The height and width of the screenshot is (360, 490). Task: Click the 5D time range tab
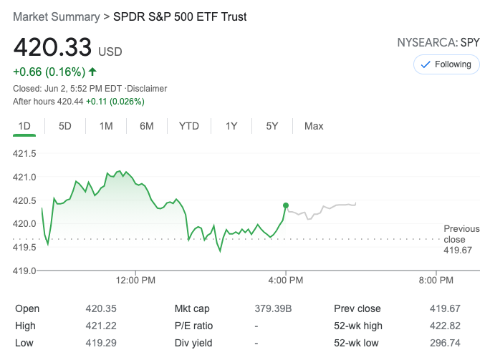[x=65, y=126]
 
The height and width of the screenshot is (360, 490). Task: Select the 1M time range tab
[x=106, y=126]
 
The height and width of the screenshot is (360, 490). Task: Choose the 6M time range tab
[x=147, y=126]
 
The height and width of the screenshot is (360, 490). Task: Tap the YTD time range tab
[x=189, y=126]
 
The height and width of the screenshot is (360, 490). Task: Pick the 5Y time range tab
[x=272, y=126]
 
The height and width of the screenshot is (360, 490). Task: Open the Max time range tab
[x=314, y=126]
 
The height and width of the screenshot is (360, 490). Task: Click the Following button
[x=446, y=64]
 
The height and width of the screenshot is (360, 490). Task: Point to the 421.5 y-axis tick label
[x=24, y=153]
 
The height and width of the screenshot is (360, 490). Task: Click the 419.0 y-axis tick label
[x=24, y=271]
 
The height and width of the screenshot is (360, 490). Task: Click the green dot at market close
[x=286, y=205]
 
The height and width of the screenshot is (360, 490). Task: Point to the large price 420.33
[x=52, y=47]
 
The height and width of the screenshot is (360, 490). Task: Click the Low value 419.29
[x=98, y=344]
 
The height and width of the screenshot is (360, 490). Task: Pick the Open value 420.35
[x=98, y=309]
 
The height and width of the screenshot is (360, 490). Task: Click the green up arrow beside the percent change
[x=93, y=72]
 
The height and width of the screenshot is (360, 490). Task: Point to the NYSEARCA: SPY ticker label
[x=438, y=42]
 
